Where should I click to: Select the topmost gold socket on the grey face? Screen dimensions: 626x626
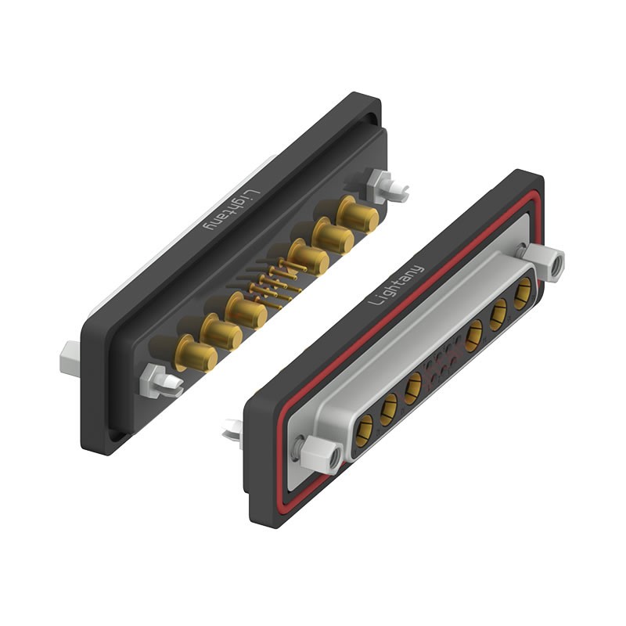coord(522,295)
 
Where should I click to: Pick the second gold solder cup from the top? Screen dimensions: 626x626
coord(332,234)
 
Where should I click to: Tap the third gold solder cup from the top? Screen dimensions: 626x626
coord(306,256)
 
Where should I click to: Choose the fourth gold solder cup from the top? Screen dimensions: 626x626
coord(247,311)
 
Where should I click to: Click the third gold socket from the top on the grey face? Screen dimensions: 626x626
coord(474,337)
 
